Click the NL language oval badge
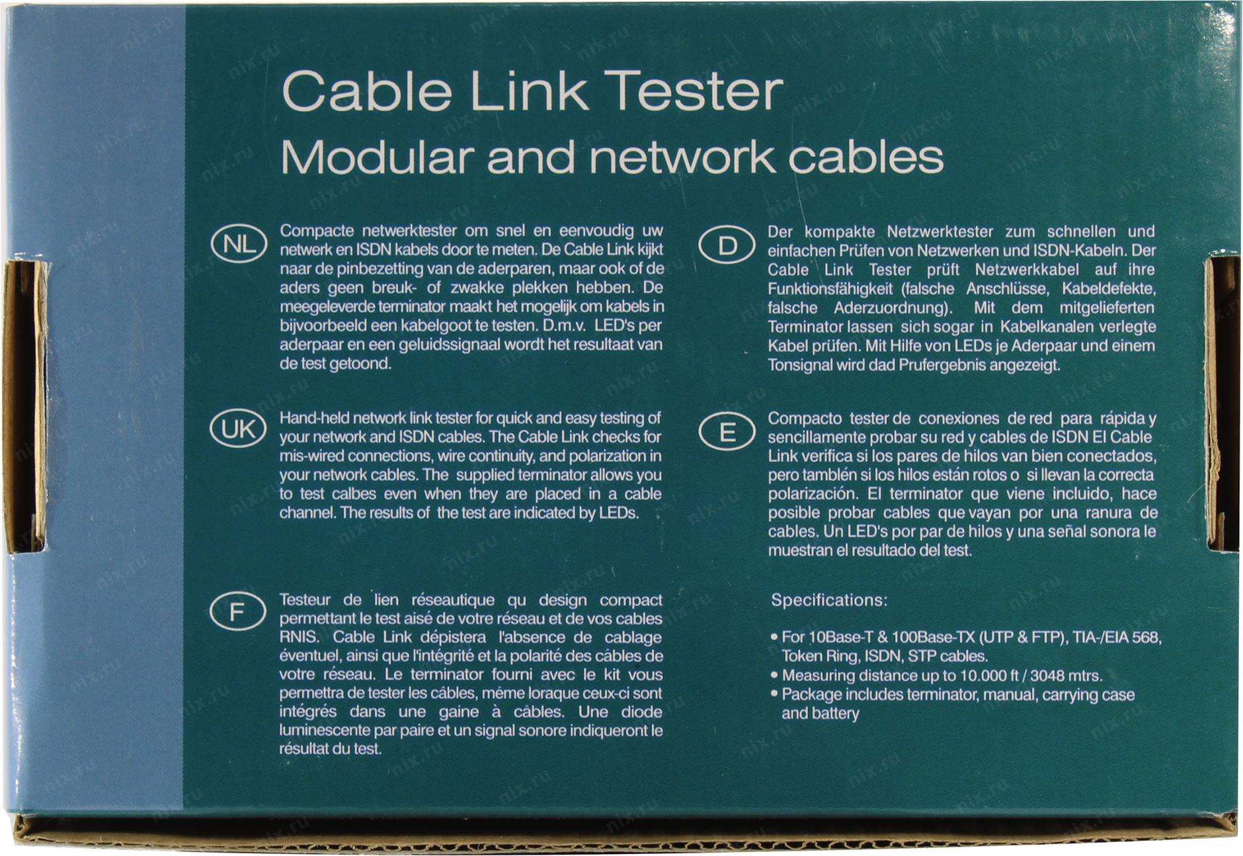pos(238,245)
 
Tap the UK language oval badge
pos(238,430)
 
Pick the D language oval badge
pos(727,246)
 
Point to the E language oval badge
pos(727,432)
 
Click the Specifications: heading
pos(829,601)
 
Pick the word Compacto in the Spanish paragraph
pos(805,419)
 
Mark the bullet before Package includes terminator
pos(774,695)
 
